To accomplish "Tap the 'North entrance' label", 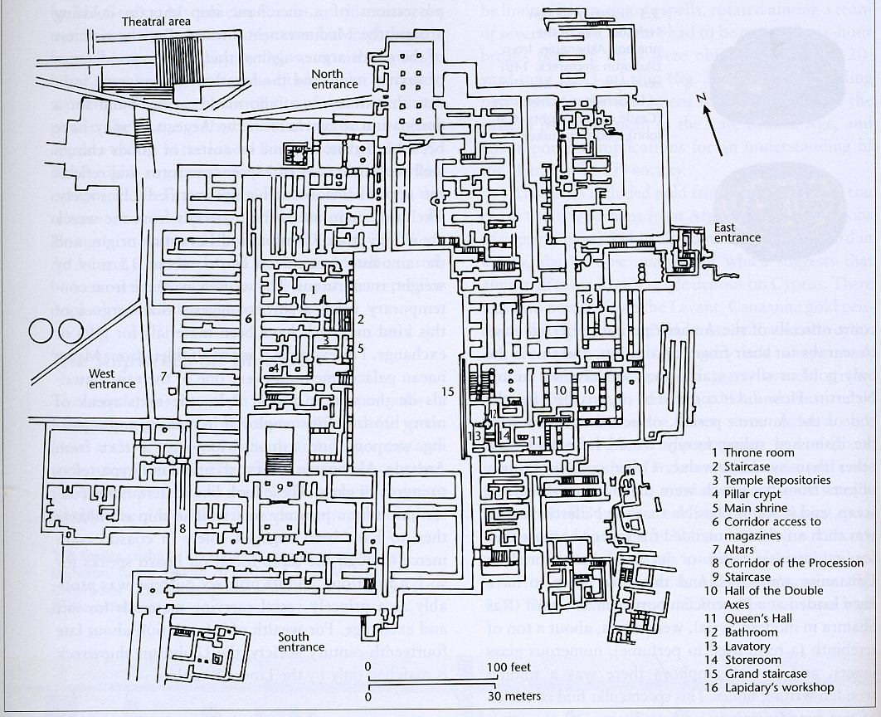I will coord(334,79).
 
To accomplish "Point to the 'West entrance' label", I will coord(112,378).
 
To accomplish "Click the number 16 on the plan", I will coord(586,299).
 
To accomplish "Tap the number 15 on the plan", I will coord(449,391).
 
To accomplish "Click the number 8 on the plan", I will coord(181,529).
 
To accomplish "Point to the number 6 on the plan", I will coord(247,318).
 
